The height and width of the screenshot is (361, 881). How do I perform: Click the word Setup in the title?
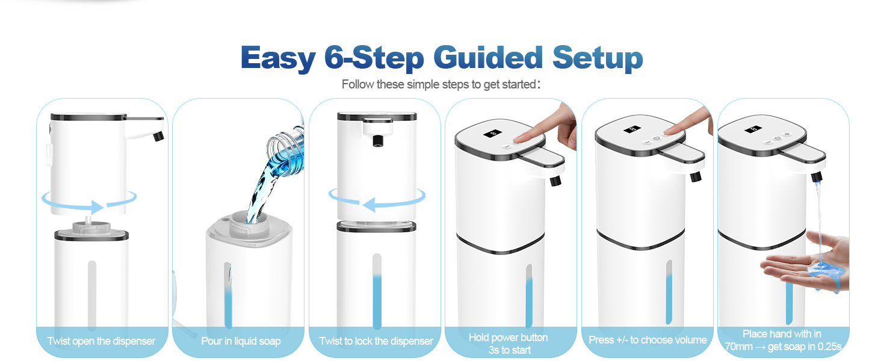(598, 58)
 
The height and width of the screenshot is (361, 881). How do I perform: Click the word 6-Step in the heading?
(374, 58)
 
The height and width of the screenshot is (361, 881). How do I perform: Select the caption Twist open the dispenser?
(101, 341)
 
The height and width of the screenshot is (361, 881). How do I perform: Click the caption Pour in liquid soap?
(241, 341)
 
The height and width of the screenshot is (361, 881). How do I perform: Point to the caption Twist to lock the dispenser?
(376, 341)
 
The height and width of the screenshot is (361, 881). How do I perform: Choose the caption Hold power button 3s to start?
(509, 344)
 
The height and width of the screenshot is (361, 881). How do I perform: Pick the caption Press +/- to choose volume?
(648, 340)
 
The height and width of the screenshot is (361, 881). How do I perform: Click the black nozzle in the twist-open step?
(159, 137)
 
